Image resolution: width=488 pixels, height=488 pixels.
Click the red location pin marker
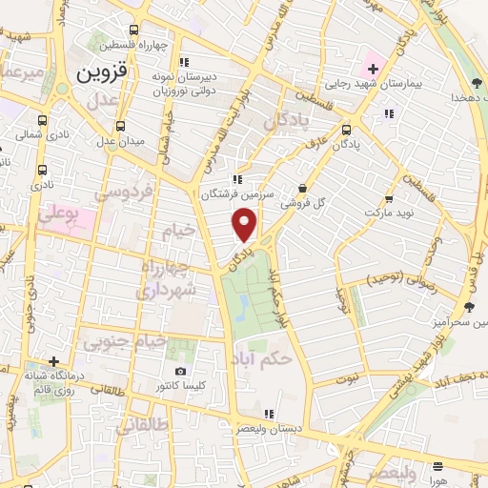pos(246,225)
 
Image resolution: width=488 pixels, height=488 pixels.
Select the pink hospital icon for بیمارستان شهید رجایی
pos(371,68)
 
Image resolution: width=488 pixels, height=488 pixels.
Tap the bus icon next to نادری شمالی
pos(41,121)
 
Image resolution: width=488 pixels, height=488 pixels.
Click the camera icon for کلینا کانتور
pos(181,371)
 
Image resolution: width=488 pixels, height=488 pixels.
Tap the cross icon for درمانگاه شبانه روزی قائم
pos(55,361)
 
